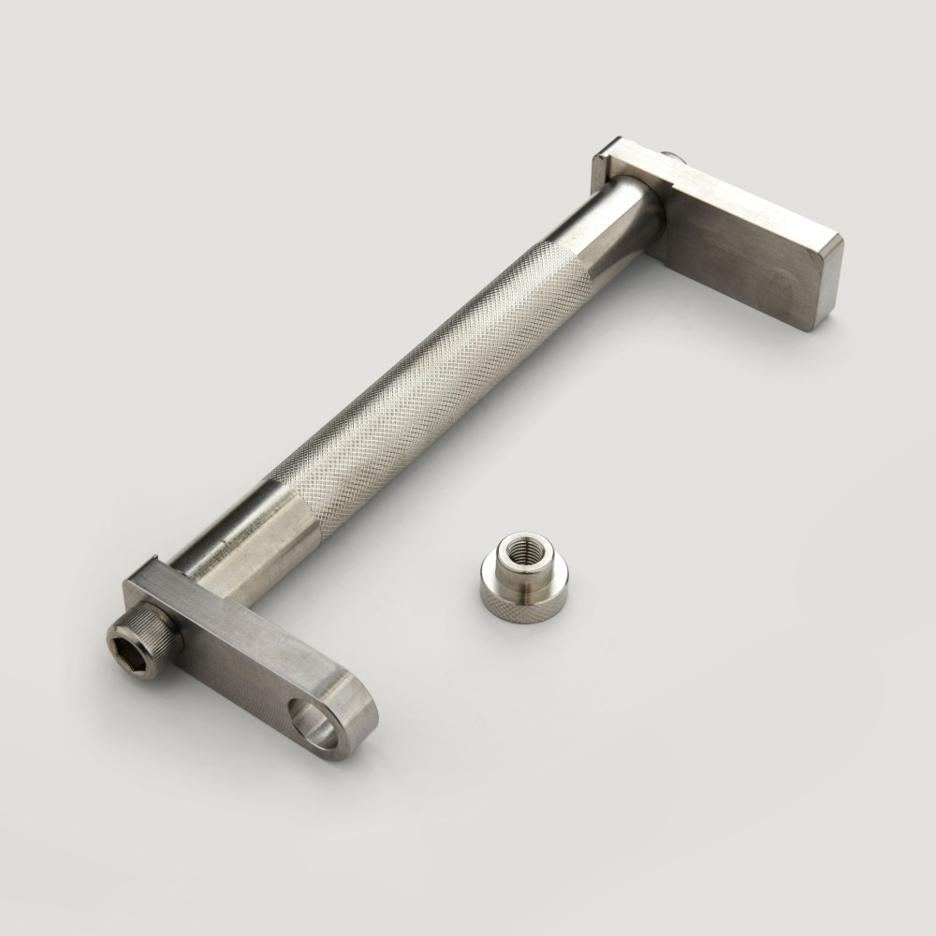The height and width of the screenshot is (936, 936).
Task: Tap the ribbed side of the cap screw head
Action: tap(161, 626)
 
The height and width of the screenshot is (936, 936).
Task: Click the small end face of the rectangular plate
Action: tap(824, 285)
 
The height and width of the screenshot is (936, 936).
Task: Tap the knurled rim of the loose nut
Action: tap(524, 604)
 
